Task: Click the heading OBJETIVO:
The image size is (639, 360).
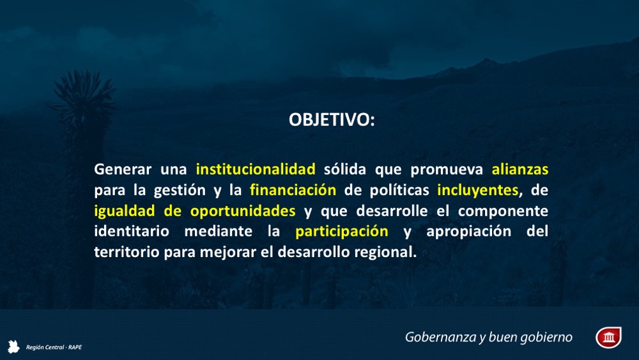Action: point(331,120)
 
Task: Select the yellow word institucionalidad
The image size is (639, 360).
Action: point(256,169)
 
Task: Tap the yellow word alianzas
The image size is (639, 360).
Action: point(520,169)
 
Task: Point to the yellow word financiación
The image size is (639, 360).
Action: point(293,190)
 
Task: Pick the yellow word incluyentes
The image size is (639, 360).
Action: point(477,190)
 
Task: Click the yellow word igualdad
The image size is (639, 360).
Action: point(125,211)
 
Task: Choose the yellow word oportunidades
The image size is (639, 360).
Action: point(243,211)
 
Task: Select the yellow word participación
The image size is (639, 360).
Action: point(341,231)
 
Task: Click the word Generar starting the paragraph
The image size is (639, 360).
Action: point(123,169)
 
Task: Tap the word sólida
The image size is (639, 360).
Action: point(345,169)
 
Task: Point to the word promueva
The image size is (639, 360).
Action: point(447,169)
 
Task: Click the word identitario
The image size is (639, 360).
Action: point(132,231)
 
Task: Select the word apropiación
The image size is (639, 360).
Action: point(468,231)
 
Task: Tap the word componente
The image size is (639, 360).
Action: point(503,211)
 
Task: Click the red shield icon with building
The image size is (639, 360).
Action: point(608,337)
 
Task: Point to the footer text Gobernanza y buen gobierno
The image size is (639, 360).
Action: point(489,337)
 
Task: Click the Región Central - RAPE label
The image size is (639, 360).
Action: point(54,347)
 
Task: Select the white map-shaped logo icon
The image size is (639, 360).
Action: point(13,347)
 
